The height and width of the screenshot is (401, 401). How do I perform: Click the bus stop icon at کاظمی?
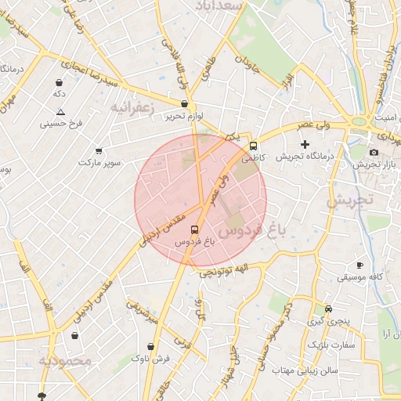[253, 146]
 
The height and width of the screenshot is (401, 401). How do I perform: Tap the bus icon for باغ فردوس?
[194, 229]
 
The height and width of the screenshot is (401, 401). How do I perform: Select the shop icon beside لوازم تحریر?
[184, 103]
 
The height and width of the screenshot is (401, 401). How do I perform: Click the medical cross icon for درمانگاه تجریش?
[305, 144]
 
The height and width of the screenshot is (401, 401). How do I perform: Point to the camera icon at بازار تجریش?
[374, 152]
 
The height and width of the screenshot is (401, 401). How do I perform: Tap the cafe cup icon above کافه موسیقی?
[359, 265]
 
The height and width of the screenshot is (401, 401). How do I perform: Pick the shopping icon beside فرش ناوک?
[150, 345]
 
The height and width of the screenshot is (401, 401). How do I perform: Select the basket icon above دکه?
[59, 81]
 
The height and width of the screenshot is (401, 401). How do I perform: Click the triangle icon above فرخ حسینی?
[60, 112]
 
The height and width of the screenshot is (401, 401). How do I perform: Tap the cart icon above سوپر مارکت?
[99, 150]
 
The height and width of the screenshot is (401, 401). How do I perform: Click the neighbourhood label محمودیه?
[66, 361]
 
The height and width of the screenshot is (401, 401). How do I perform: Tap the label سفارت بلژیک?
[331, 345]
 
